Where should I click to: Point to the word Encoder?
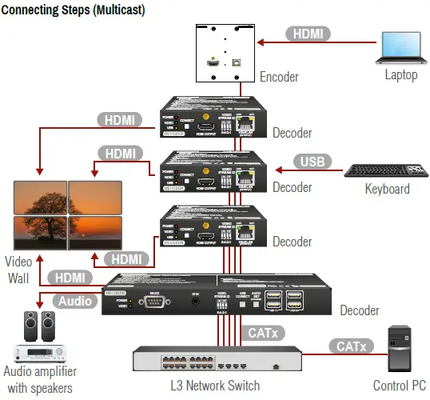click(x=279, y=78)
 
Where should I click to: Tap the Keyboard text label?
click(x=387, y=190)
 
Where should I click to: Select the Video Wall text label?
click(x=18, y=269)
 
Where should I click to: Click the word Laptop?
click(x=401, y=76)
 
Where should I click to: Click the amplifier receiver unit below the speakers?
click(x=38, y=352)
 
